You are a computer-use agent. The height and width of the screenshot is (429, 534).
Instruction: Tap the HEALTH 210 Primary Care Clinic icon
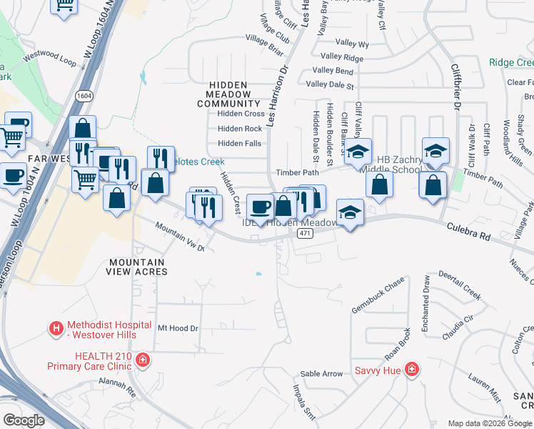(143, 360)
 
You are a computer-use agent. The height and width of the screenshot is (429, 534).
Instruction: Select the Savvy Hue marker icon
(411, 370)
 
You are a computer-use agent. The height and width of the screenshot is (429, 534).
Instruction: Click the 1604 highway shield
(84, 96)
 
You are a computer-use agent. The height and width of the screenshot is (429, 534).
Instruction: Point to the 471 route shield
(305, 235)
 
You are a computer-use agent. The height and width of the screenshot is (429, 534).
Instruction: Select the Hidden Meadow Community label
(228, 94)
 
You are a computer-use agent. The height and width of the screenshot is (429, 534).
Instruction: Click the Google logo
(24, 420)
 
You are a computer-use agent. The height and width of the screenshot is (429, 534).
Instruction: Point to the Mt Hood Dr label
(176, 328)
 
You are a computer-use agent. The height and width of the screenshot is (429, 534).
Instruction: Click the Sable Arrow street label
(321, 373)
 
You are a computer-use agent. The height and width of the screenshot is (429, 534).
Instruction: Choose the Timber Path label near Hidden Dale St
(298, 173)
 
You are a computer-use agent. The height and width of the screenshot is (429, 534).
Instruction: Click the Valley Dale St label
(330, 85)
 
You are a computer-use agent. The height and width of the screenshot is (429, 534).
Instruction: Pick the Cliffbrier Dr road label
(455, 86)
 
